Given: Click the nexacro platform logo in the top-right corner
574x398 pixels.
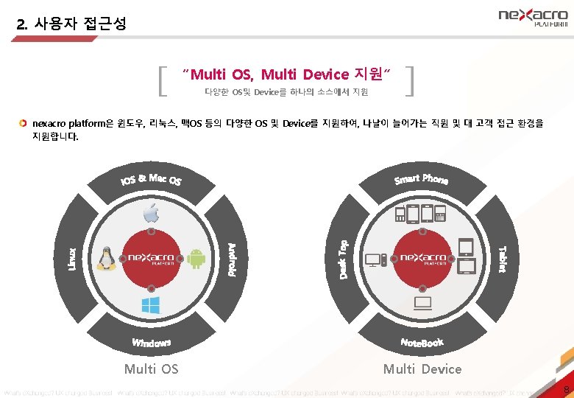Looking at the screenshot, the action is click(x=533, y=16).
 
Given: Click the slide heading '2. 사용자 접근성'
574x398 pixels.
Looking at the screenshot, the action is click(x=71, y=24).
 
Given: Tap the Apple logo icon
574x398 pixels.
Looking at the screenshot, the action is click(x=151, y=214).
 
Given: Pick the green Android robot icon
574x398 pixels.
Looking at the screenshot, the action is click(x=196, y=259).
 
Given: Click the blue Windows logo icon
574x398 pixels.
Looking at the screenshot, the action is click(x=151, y=304).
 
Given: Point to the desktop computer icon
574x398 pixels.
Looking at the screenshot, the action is click(x=374, y=259).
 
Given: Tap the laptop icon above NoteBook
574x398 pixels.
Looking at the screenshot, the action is click(x=423, y=303).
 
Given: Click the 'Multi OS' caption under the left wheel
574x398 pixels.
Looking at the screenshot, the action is click(x=151, y=369).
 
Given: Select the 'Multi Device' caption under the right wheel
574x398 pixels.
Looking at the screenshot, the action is click(x=422, y=369).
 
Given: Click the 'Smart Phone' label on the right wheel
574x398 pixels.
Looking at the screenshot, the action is click(x=421, y=179).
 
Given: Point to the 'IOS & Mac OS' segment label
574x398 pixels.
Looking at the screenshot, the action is click(x=152, y=179).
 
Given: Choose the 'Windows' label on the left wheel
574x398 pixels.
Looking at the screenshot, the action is click(x=152, y=343).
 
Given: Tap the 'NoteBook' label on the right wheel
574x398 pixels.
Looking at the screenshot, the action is click(x=422, y=343).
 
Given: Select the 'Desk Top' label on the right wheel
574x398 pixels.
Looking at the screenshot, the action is click(x=344, y=259).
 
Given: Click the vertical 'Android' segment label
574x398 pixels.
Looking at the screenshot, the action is click(x=231, y=259).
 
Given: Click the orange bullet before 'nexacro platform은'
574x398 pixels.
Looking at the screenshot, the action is click(x=24, y=122).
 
